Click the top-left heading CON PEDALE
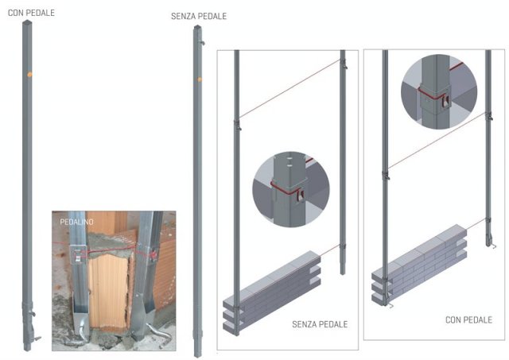tap(31, 13)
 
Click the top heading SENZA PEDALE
tap(199, 16)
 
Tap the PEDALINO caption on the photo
tap(76, 222)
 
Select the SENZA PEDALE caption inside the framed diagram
tap(320, 324)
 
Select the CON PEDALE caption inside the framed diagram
tap(468, 320)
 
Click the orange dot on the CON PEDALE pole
tap(29, 75)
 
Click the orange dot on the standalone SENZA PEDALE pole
tap(200, 79)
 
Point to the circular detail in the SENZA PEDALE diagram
tap(291, 189)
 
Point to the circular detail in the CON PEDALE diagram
tap(439, 91)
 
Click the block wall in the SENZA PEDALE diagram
tap(272, 292)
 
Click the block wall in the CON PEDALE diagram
tap(419, 265)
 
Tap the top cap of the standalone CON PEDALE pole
tap(27, 22)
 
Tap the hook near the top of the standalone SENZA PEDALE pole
tap(203, 43)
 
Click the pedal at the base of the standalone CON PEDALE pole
tap(37, 339)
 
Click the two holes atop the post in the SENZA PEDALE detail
tap(289, 162)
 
